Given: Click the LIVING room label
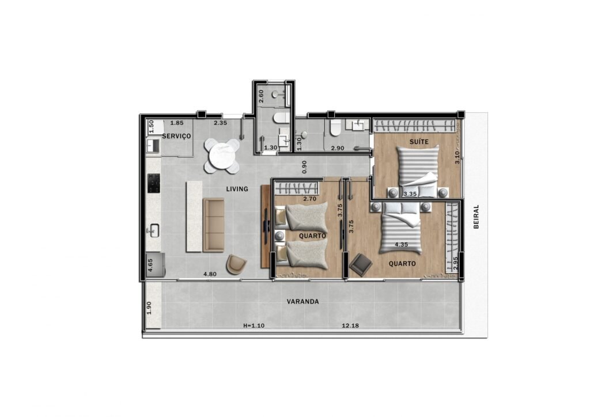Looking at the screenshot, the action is tap(237, 189).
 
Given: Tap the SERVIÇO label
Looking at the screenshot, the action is tap(176, 136).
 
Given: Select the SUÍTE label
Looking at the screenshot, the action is tap(419, 141).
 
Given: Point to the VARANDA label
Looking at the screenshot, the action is tap(303, 302).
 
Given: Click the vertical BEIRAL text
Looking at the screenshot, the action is tap(476, 217).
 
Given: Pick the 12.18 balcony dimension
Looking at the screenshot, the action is tap(350, 325).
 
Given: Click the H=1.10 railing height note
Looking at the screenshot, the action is tap(254, 325).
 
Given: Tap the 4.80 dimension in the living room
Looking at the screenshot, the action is tap(210, 274).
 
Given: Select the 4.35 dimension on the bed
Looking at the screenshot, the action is tap(402, 245).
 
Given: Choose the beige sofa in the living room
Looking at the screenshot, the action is tap(213, 225).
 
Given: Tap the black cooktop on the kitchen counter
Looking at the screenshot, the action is tap(154, 183).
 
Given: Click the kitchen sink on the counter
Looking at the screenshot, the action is tap(153, 231).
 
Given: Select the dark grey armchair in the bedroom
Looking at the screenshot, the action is tap(361, 265).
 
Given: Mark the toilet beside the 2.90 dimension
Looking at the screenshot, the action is tap(335, 128).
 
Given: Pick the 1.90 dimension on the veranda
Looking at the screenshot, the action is tap(149, 308).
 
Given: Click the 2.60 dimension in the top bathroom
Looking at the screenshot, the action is tap(261, 96).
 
